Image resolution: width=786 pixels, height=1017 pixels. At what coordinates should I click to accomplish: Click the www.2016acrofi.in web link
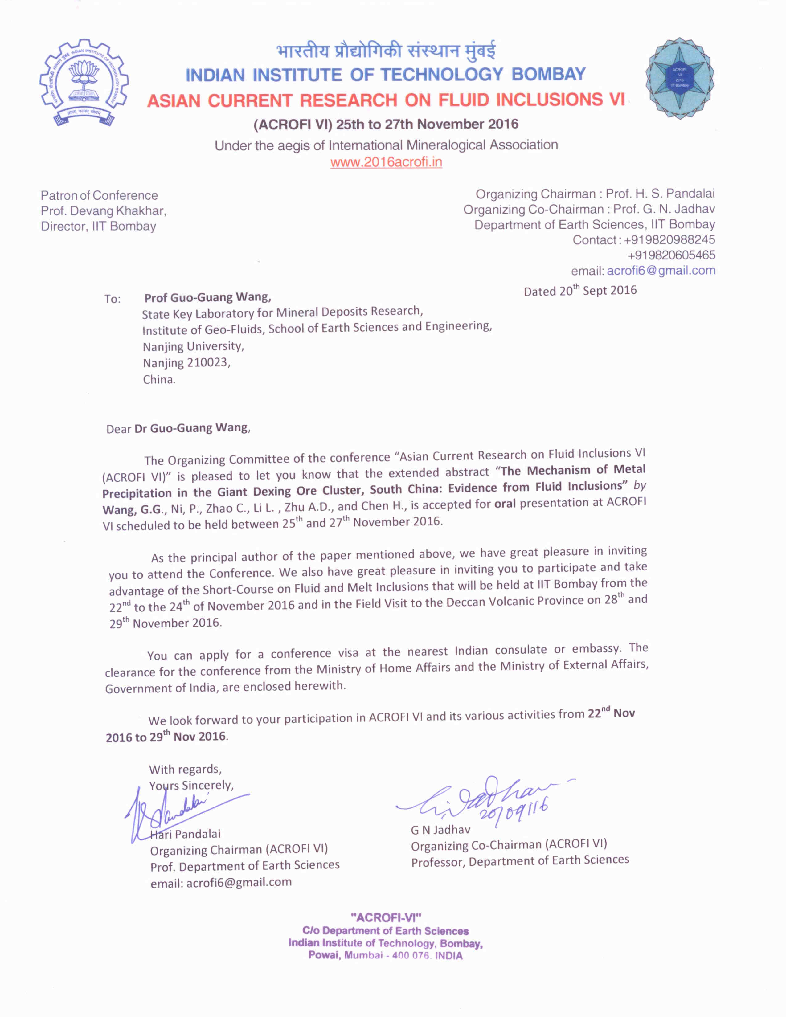pos(386,162)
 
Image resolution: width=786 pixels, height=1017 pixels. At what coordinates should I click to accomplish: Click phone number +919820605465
pos(671,255)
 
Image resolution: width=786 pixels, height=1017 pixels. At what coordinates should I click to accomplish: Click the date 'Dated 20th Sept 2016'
pos(580,291)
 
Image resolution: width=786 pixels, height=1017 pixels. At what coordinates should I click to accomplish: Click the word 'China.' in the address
pos(159,379)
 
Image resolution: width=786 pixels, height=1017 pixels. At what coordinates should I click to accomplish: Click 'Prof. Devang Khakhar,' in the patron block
pos(103,211)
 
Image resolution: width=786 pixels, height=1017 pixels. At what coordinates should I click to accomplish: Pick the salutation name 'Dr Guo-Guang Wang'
pos(191,428)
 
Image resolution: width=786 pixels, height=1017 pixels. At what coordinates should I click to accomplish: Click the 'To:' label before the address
pos(112,299)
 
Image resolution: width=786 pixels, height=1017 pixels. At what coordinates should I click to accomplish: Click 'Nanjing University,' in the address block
pos(193,346)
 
